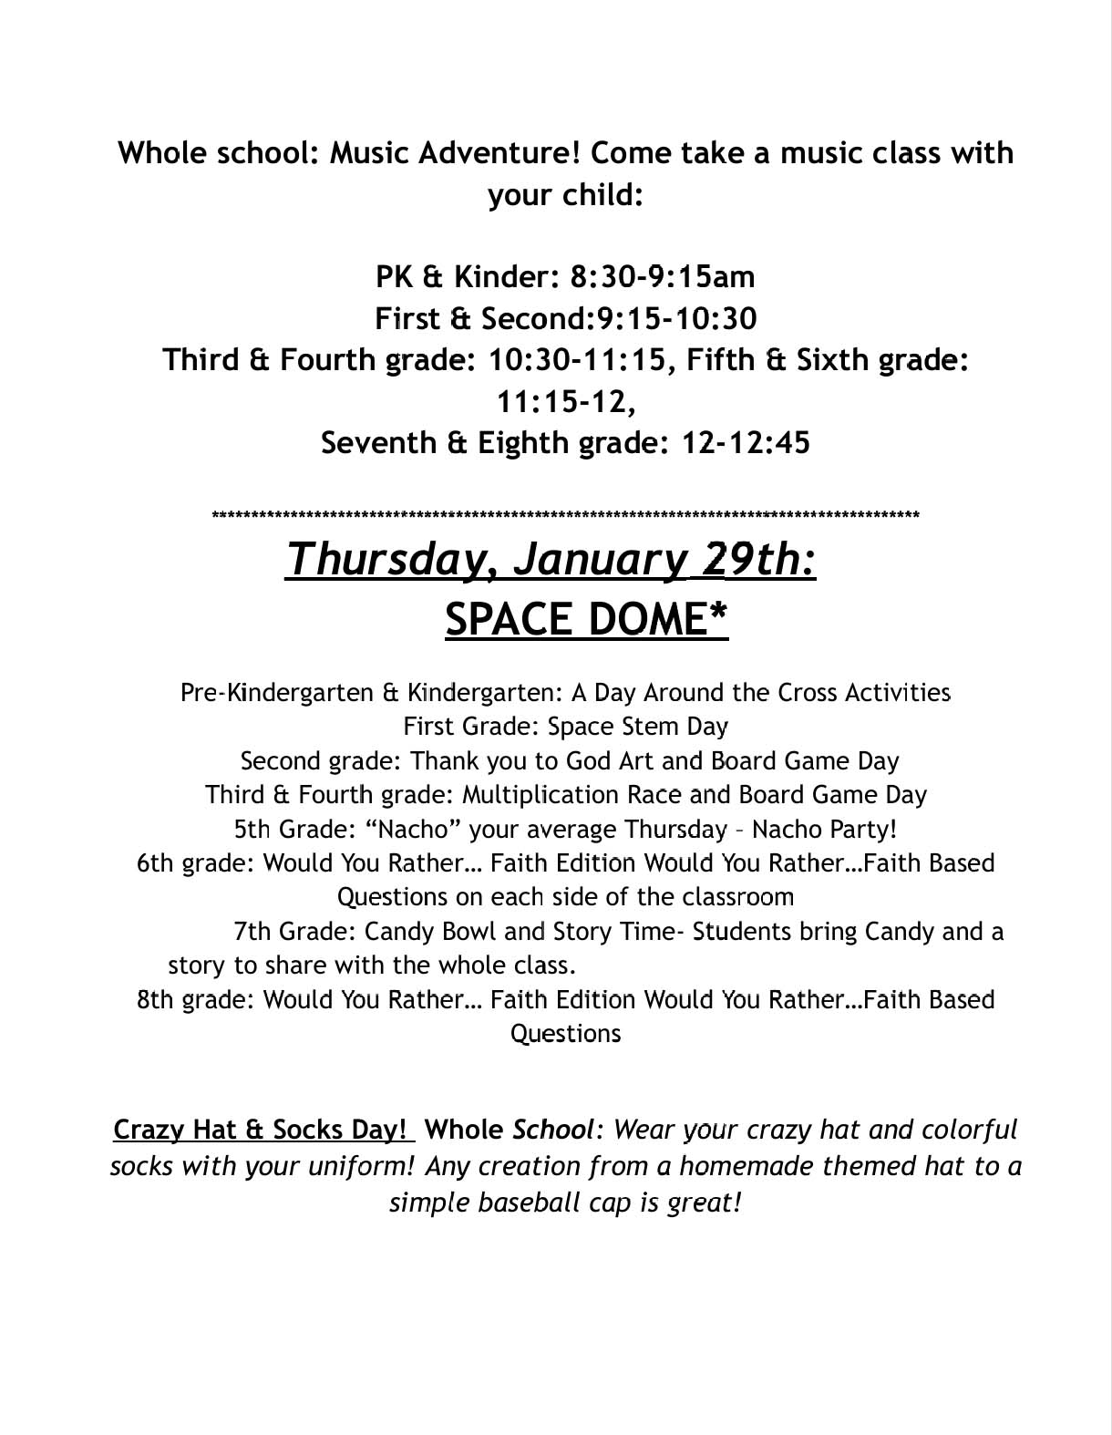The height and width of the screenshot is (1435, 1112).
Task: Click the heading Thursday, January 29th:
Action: [551, 559]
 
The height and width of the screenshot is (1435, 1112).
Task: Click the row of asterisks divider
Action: [565, 516]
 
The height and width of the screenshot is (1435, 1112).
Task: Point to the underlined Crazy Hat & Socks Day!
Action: [261, 1130]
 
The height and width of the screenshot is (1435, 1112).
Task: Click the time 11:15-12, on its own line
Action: [565, 401]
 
